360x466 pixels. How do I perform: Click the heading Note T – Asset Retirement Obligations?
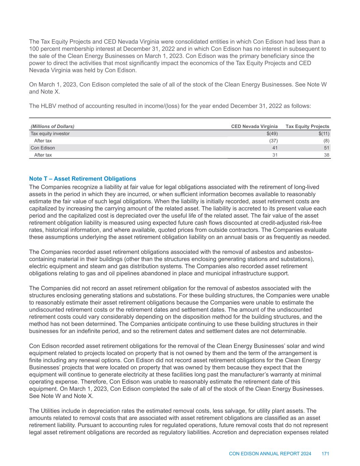[83, 179]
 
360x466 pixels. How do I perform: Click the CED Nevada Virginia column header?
[254, 126]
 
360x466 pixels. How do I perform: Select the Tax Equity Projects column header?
[307, 126]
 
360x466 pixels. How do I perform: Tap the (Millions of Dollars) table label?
[53, 126]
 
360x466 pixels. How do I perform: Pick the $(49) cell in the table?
[272, 133]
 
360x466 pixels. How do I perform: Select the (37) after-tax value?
[273, 141]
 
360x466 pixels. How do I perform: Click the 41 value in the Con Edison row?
[275, 148]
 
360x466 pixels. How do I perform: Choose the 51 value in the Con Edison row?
[327, 148]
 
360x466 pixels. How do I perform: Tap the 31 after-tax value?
[275, 155]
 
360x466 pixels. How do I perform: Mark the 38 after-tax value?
[327, 155]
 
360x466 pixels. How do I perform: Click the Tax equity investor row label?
[50, 133]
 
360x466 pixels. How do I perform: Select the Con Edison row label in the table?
[43, 148]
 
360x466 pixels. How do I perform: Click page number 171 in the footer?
[325, 454]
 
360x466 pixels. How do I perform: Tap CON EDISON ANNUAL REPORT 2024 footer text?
[270, 454]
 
